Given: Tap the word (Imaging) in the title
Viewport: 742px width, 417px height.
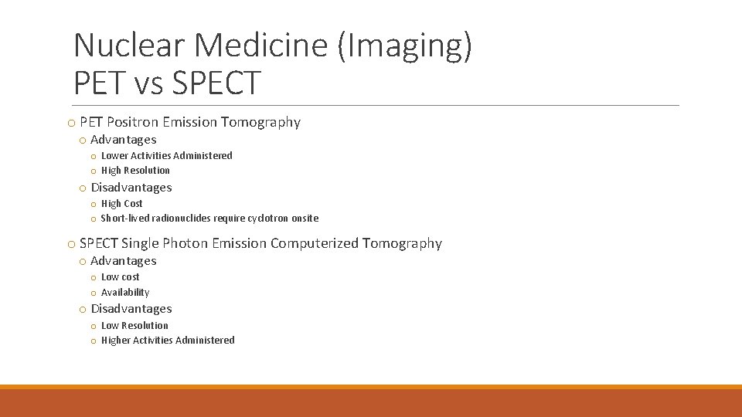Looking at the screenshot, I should (x=404, y=46).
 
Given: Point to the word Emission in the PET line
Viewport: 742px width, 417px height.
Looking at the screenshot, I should (x=189, y=122).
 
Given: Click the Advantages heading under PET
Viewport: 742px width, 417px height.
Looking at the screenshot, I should (x=124, y=140).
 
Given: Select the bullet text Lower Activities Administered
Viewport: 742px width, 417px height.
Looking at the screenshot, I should (x=166, y=156).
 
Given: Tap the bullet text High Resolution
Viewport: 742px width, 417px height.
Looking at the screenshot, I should (x=135, y=171).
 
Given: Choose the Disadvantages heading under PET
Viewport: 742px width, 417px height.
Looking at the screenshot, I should (x=131, y=188).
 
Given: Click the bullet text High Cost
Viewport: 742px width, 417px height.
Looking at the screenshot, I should (x=122, y=204).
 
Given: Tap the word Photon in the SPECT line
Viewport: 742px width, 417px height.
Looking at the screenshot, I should (x=184, y=244).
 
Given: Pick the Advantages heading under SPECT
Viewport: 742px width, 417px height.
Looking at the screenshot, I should (x=124, y=261).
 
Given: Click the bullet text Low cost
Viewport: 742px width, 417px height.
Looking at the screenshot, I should (x=121, y=277).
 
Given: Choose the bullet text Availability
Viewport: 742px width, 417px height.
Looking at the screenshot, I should (x=125, y=293).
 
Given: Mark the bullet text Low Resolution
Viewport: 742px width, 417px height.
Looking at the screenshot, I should (x=134, y=326).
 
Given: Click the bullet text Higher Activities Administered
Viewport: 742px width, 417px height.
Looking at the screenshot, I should (x=168, y=341).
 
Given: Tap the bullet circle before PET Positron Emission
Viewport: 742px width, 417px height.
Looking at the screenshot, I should (x=71, y=123).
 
